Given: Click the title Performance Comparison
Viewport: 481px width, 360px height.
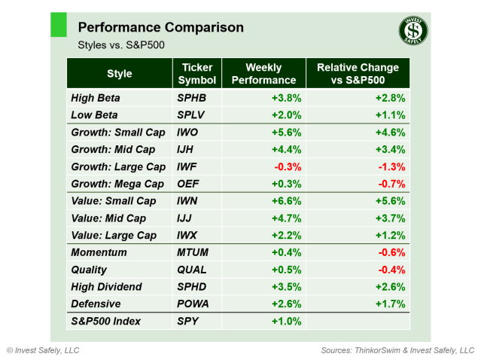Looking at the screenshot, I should coord(160,28).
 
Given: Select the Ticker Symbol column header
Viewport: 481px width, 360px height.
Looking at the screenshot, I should coord(197,74).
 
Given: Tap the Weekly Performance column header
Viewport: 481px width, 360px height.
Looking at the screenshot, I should coord(263,74).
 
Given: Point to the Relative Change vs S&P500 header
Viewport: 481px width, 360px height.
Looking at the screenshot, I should coord(358,74).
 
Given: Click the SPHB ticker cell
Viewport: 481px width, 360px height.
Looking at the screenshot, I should coord(190,98).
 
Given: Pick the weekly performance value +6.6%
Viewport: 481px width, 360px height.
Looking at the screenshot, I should coord(288,201).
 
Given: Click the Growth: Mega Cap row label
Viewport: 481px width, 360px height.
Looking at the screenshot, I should coord(117,184).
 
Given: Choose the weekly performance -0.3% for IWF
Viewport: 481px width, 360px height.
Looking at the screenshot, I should coord(288,166).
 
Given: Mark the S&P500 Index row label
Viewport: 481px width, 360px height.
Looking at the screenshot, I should coord(108,322).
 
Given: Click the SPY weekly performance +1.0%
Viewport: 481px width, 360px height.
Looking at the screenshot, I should coord(288,322).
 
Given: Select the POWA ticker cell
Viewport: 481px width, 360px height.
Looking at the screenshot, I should coord(193,304).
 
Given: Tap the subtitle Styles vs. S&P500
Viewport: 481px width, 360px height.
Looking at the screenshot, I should coord(121,45).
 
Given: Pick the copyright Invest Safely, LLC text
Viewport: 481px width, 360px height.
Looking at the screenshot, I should coord(43,350).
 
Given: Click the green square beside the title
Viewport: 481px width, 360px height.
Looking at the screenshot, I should coord(58,24).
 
